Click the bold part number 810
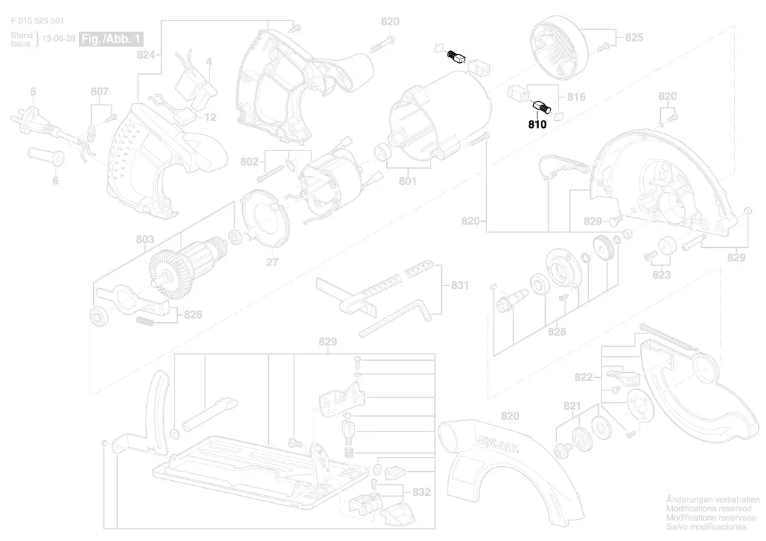(x=537, y=124)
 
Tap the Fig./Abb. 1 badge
(x=111, y=38)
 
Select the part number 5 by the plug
(x=32, y=91)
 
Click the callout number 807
(x=100, y=91)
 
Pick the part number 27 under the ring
(x=272, y=263)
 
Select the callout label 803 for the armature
(x=145, y=240)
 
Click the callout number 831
(x=460, y=286)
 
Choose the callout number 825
(x=634, y=37)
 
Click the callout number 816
(x=576, y=97)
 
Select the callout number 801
(x=407, y=182)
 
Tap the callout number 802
(x=249, y=162)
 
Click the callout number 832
(x=421, y=492)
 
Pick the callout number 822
(x=583, y=378)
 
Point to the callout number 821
(x=572, y=406)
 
